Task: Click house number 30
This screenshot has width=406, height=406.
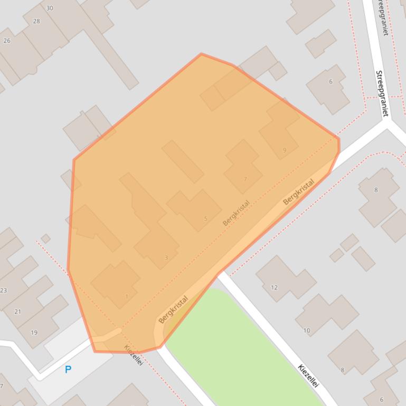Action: pos(50,8)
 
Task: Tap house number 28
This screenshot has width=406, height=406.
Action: pos(36,21)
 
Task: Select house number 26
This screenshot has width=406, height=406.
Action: pos(7,41)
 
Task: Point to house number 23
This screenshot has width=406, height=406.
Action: pos(4,291)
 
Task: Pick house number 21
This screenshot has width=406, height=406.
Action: pos(17,312)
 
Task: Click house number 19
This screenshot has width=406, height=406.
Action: pos(34,333)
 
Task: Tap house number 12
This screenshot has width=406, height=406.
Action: pos(274,287)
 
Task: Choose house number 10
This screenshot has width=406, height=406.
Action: pos(307,331)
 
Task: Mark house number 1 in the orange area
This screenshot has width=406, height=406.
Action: pos(127,296)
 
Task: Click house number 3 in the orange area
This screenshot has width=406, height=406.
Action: pos(166,258)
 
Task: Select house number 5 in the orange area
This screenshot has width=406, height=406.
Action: pos(205,219)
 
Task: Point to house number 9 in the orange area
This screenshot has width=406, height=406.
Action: pos(285,150)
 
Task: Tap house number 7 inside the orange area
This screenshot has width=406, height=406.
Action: pos(245,179)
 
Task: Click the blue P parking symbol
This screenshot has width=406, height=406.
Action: pos(68,370)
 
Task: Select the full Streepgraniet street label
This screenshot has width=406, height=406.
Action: pos(382,93)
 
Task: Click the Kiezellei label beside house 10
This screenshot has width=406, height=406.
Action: pos(308,376)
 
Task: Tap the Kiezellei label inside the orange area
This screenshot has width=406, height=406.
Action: pos(133,355)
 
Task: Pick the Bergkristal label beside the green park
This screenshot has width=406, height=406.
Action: pos(173,309)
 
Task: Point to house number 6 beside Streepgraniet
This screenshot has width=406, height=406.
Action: pos(331,81)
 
